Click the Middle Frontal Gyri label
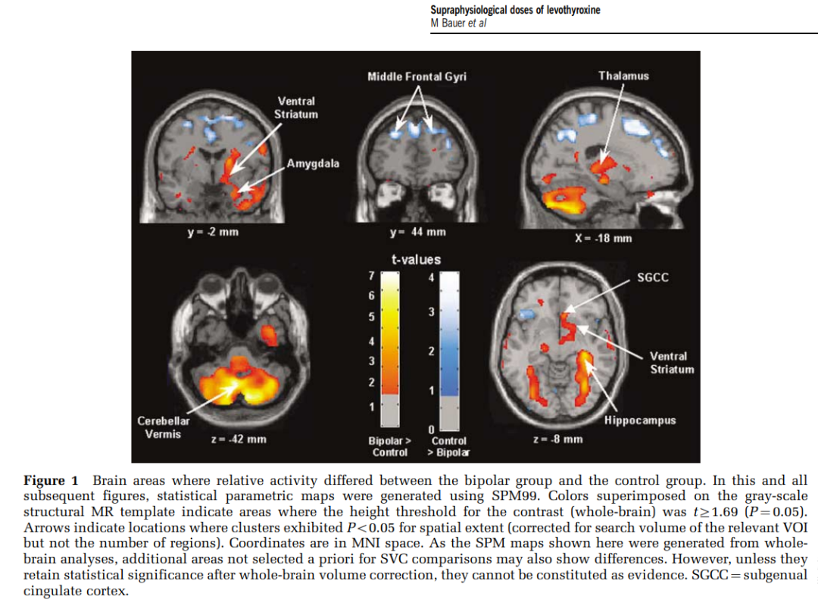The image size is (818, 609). [417, 77]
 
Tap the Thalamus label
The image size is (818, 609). [623, 76]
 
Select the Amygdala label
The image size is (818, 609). [313, 164]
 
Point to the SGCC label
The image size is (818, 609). [653, 278]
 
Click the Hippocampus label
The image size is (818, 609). [640, 420]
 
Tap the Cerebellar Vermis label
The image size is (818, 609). [164, 427]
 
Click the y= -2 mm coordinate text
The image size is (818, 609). [213, 232]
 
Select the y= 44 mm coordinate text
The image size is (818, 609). [417, 232]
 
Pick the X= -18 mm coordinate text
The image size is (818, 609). [603, 238]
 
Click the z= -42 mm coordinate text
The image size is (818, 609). [238, 439]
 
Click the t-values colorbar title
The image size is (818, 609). [416, 259]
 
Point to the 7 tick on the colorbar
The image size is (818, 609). [371, 275]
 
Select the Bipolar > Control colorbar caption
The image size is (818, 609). [389, 446]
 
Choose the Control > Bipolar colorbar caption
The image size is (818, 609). [449, 446]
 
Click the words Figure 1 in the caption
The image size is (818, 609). [51, 481]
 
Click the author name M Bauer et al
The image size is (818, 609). [458, 23]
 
